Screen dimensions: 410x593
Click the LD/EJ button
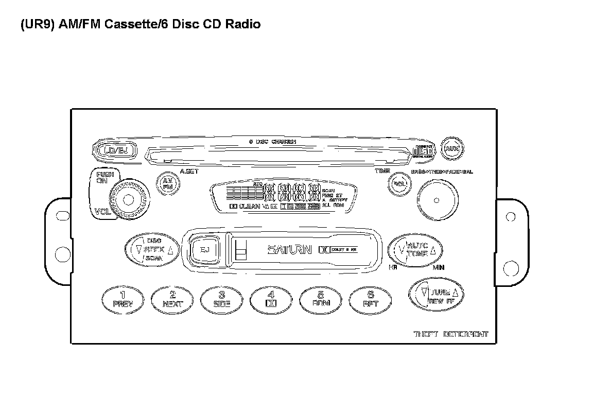(x=115, y=150)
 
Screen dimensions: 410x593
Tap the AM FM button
(x=167, y=184)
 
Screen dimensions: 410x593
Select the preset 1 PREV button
(x=122, y=299)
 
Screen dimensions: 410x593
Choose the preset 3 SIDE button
(x=222, y=299)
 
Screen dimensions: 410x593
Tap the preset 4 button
(x=271, y=299)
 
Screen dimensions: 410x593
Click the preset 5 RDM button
(x=320, y=299)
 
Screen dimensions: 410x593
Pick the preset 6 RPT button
(x=370, y=299)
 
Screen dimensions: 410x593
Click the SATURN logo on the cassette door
(x=289, y=250)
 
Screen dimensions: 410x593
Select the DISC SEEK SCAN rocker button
(x=151, y=250)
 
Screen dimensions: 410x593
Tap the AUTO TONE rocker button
(x=415, y=250)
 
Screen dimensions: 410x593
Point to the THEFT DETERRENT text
(x=451, y=334)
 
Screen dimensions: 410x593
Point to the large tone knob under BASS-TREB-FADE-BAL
(x=437, y=200)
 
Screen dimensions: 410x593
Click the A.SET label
(x=188, y=171)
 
